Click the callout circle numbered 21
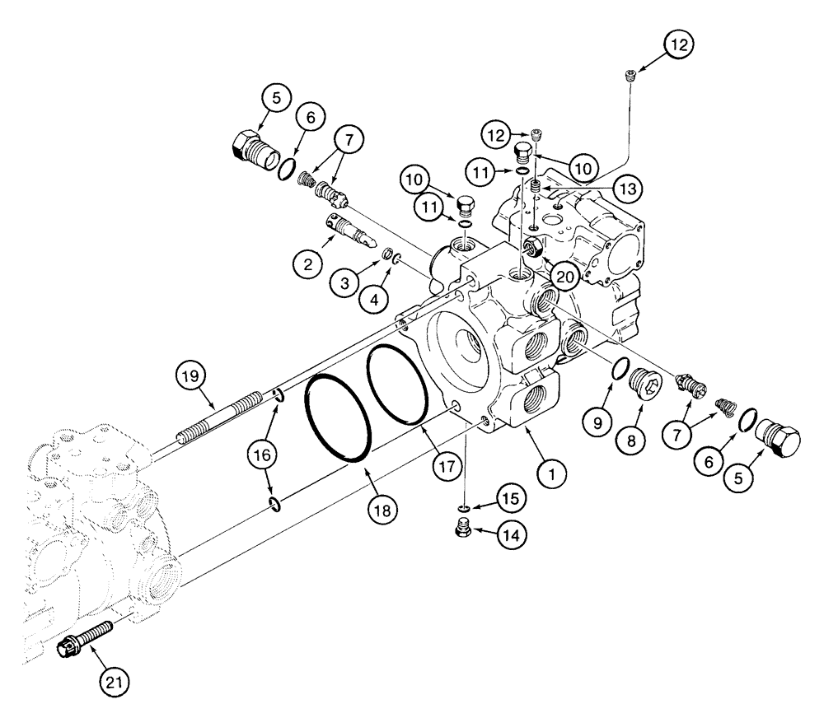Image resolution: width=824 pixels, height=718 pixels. pyautogui.click(x=115, y=682)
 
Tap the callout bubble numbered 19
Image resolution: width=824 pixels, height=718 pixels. pyautogui.click(x=190, y=378)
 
